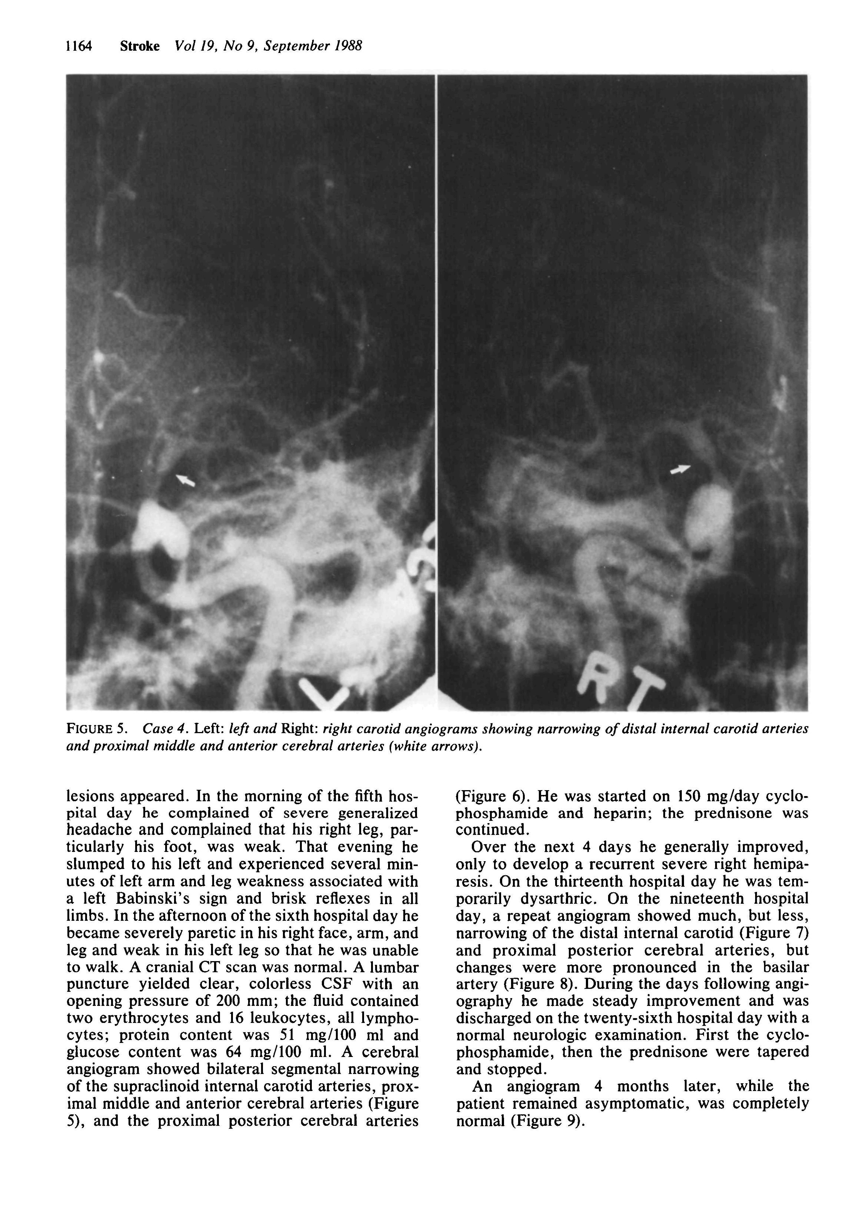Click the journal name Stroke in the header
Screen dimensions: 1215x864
coord(139,46)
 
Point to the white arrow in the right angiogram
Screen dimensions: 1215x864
coord(680,469)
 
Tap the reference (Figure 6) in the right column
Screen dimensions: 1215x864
coord(492,796)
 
